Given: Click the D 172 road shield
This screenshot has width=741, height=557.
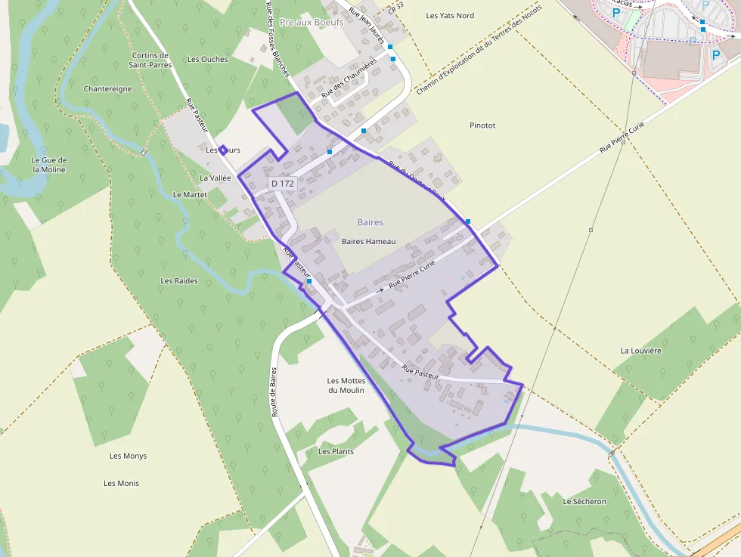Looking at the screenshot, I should [282, 184].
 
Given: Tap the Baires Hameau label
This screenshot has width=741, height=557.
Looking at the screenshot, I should [369, 241].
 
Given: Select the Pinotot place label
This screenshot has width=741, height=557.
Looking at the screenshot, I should [482, 125].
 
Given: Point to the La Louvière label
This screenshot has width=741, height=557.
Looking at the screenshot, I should [640, 351].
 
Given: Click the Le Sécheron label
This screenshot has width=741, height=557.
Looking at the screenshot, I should [584, 501].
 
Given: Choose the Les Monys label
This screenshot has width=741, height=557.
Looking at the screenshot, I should [128, 456].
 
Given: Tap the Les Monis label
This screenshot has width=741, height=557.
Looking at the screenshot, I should [121, 483].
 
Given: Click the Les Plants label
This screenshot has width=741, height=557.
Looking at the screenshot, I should [336, 451].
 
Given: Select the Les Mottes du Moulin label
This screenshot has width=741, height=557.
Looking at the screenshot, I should [346, 385].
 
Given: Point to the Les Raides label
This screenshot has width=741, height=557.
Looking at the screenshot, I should [179, 280].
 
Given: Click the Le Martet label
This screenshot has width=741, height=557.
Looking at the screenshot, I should [190, 194].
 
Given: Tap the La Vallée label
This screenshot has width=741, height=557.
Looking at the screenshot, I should [215, 178].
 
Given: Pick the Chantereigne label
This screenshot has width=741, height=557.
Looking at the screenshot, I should [108, 88].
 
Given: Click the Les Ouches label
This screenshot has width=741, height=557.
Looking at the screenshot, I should [207, 59].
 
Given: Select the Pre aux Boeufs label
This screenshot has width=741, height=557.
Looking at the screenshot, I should [312, 23].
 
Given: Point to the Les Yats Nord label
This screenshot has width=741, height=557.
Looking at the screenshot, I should [450, 15].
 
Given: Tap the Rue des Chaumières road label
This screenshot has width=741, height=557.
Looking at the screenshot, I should [349, 79].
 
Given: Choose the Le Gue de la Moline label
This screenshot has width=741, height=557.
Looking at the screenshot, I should [49, 165].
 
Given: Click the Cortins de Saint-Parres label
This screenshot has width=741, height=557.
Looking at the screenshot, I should [150, 60].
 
